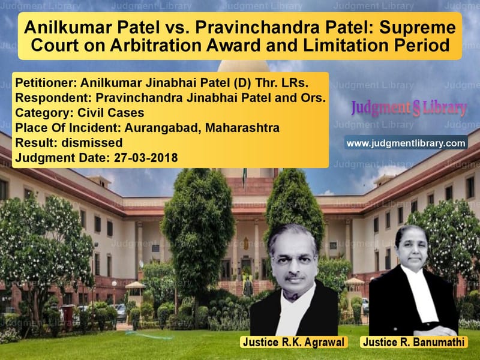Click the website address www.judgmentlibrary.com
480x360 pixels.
point(406,143)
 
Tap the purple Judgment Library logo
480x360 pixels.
point(409,108)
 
